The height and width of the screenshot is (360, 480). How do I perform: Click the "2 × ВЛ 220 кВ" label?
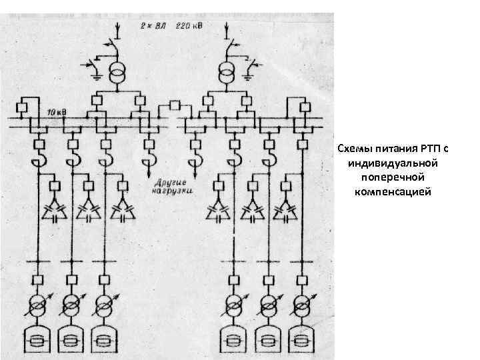click(171, 25)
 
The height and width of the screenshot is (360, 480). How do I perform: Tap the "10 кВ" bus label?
click(57, 111)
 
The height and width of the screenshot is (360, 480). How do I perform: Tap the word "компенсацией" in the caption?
click(394, 193)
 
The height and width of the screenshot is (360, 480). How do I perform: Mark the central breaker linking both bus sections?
click(175, 105)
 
